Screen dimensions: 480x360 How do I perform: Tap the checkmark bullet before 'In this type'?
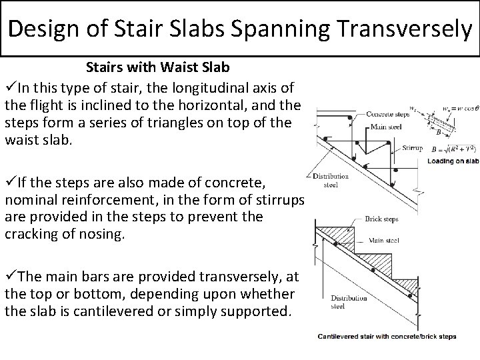pyautogui.click(x=10, y=87)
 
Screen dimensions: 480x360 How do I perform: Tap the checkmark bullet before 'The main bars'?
pyautogui.click(x=10, y=275)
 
